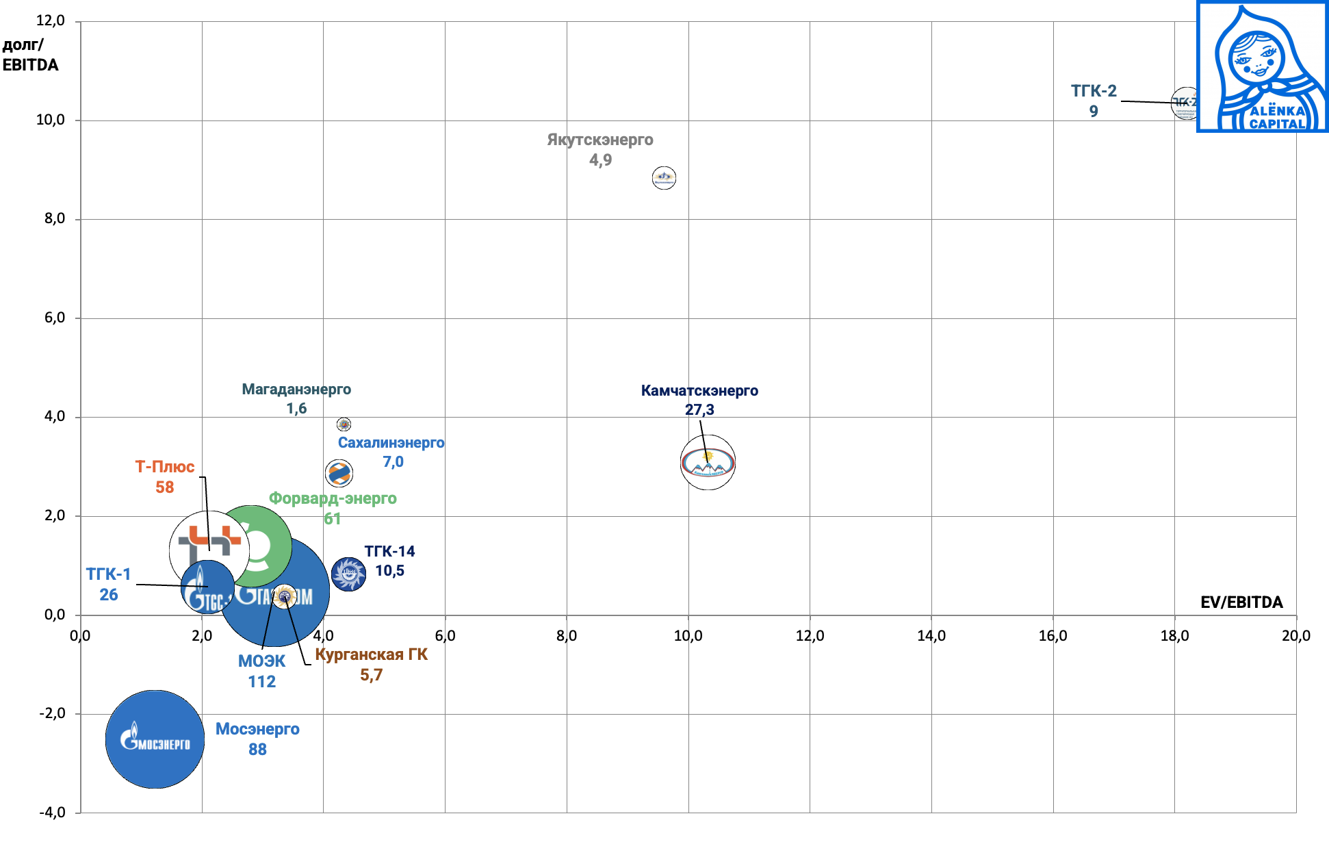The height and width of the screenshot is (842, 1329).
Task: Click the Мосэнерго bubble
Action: tap(155, 739)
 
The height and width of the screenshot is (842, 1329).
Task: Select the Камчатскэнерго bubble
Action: tap(708, 463)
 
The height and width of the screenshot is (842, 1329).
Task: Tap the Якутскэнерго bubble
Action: tap(664, 178)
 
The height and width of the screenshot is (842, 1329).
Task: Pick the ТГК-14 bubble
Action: tap(348, 574)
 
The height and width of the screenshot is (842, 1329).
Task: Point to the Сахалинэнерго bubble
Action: tap(339, 472)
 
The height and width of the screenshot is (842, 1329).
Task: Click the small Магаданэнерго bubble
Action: tap(344, 424)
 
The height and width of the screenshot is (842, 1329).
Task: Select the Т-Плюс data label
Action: tap(164, 476)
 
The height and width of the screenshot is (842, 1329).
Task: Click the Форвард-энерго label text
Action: tap(333, 498)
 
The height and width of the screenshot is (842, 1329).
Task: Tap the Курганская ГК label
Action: tap(371, 655)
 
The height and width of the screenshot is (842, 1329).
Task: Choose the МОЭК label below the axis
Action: tap(261, 662)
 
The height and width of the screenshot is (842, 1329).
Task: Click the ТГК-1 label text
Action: tap(108, 574)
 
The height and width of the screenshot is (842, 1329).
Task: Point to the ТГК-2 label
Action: tap(1093, 91)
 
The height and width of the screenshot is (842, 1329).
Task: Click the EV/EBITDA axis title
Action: tap(1241, 602)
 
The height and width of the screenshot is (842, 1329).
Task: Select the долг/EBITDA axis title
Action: tap(30, 55)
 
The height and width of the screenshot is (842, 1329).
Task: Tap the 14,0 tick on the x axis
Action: tap(931, 636)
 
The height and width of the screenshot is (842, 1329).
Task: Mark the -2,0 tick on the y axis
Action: tap(52, 713)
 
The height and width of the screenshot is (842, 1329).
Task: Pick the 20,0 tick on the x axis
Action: tap(1295, 636)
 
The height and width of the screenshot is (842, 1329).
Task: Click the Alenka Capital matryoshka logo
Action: tap(1262, 66)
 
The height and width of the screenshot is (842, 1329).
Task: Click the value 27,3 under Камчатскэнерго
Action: tap(699, 410)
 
